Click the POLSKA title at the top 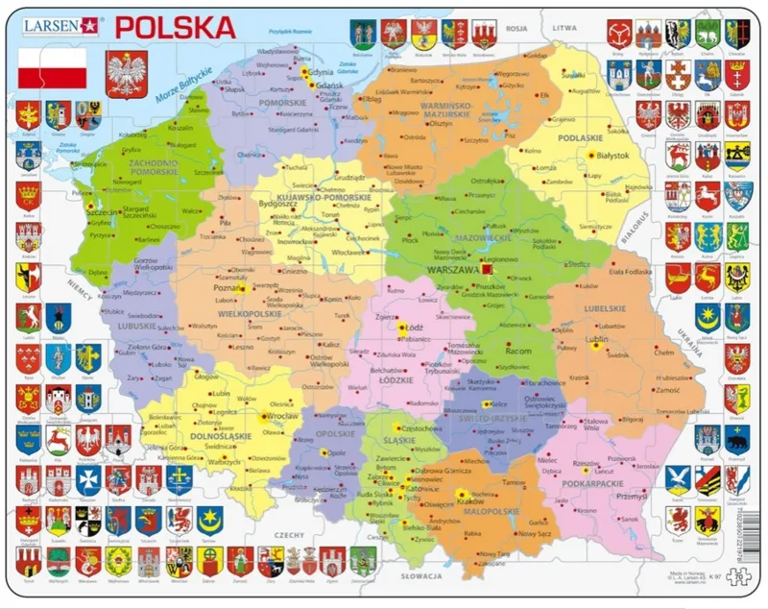[x=175, y=26]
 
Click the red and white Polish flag [x=53, y=66]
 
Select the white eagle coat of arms [x=126, y=74]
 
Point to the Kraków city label [x=470, y=501]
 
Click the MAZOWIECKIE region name [x=482, y=235]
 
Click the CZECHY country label [x=288, y=534]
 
